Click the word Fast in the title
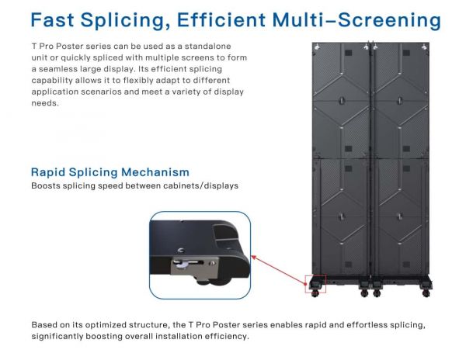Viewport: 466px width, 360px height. pyautogui.click(x=52, y=20)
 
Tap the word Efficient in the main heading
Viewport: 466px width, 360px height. pyautogui.click(x=221, y=20)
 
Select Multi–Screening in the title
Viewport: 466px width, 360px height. pyautogui.click(x=356, y=20)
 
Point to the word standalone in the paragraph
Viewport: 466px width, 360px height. pyautogui.click(x=207, y=47)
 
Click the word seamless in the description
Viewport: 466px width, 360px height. pyautogui.click(x=55, y=69)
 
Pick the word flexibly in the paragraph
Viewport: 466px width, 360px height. pyautogui.click(x=138, y=81)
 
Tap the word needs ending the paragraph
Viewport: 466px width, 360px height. pyautogui.click(x=44, y=103)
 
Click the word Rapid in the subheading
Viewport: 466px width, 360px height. pyautogui.click(x=48, y=172)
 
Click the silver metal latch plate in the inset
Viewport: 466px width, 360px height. pyautogui.click(x=194, y=265)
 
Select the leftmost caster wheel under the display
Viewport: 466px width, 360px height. pyautogui.click(x=315, y=293)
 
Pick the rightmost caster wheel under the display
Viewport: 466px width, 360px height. pyautogui.click(x=426, y=293)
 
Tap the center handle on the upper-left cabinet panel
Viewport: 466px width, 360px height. pyautogui.click(x=342, y=101)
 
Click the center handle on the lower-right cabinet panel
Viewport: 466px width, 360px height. pyautogui.click(x=400, y=216)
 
